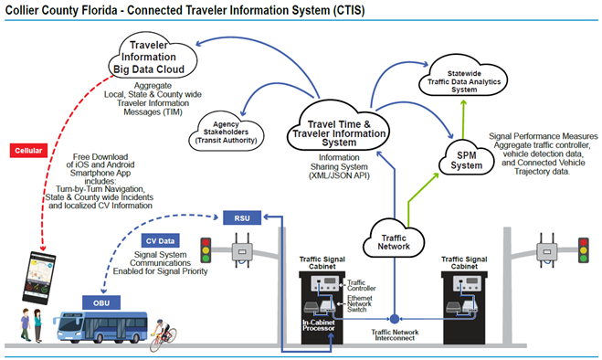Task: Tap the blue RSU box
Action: [241, 217]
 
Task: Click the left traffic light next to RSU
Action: [206, 251]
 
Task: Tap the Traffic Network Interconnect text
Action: [393, 334]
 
